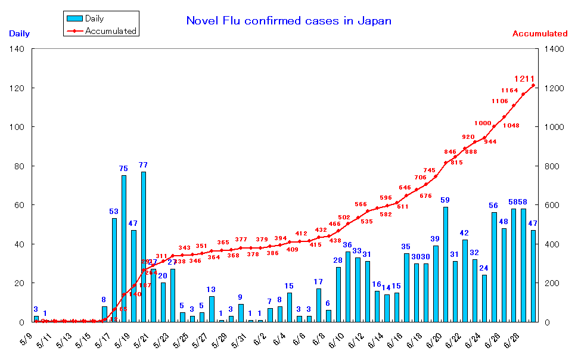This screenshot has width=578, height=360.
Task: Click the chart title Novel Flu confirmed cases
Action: (289, 21)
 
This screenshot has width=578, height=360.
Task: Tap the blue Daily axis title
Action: (19, 34)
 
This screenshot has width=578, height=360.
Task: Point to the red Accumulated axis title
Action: (540, 34)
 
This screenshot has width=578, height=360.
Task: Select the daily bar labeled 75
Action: (124, 249)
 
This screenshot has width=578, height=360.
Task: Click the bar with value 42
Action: (465, 281)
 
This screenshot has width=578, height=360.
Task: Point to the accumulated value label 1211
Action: (524, 79)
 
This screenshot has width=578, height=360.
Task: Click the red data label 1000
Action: (483, 123)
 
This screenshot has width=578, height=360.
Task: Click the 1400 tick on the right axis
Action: (555, 49)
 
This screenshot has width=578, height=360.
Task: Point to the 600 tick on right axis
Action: (553, 205)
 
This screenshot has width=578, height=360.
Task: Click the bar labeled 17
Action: (319, 305)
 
